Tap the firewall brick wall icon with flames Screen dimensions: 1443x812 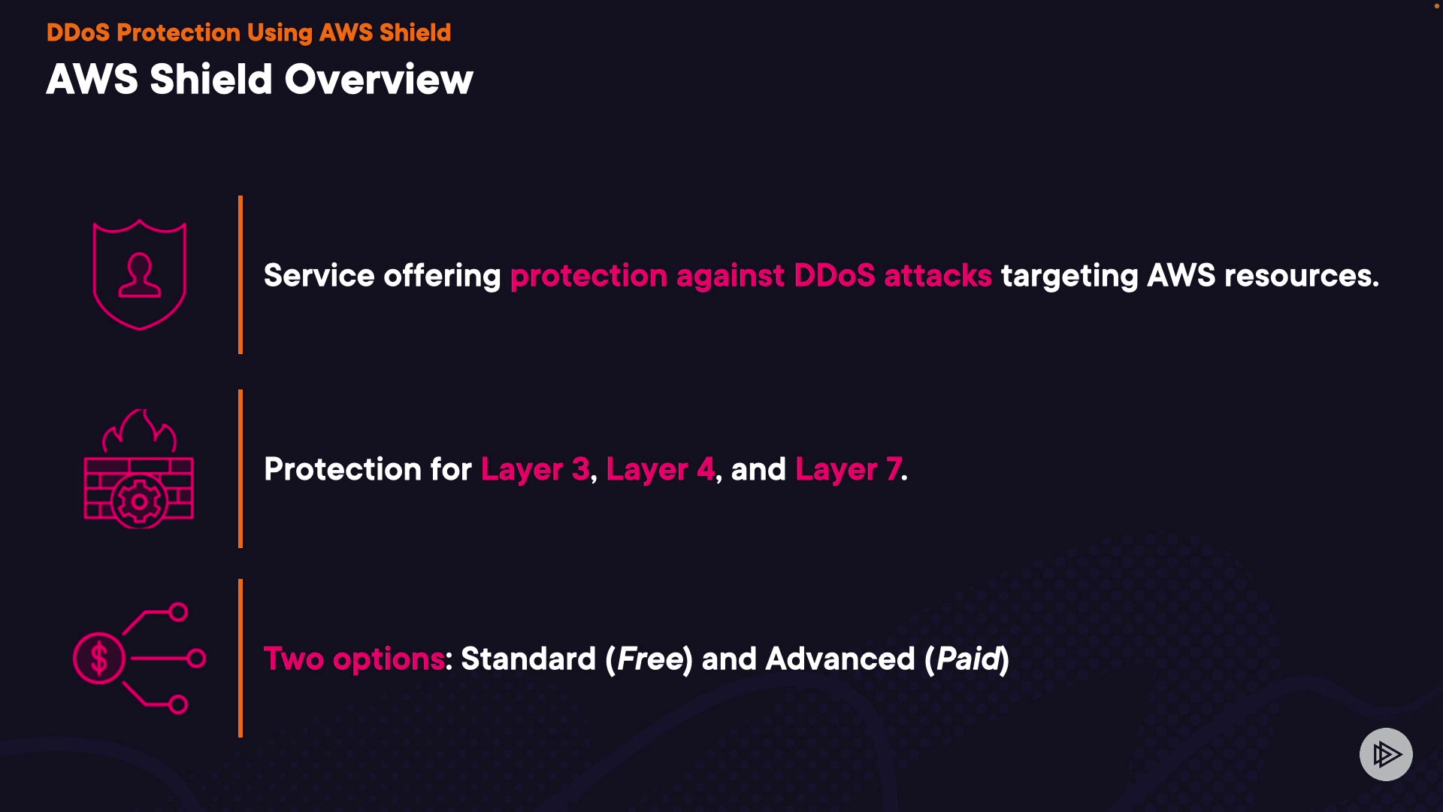[139, 470]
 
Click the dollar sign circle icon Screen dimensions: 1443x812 [98, 659]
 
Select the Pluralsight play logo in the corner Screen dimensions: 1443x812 [1386, 754]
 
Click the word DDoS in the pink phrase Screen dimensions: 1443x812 [834, 276]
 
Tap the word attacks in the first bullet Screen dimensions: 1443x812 [938, 276]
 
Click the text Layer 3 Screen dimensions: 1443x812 [535, 470]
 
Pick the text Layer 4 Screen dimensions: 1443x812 [661, 470]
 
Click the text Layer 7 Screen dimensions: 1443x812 [849, 470]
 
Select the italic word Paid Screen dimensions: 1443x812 [968, 659]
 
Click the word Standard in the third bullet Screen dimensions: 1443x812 [528, 659]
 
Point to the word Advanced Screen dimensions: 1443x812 [840, 659]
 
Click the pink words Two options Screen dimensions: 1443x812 [354, 659]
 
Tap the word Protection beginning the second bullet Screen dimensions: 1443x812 [343, 469]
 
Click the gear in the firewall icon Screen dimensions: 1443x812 [139, 501]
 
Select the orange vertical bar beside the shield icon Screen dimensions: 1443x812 [240, 274]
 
